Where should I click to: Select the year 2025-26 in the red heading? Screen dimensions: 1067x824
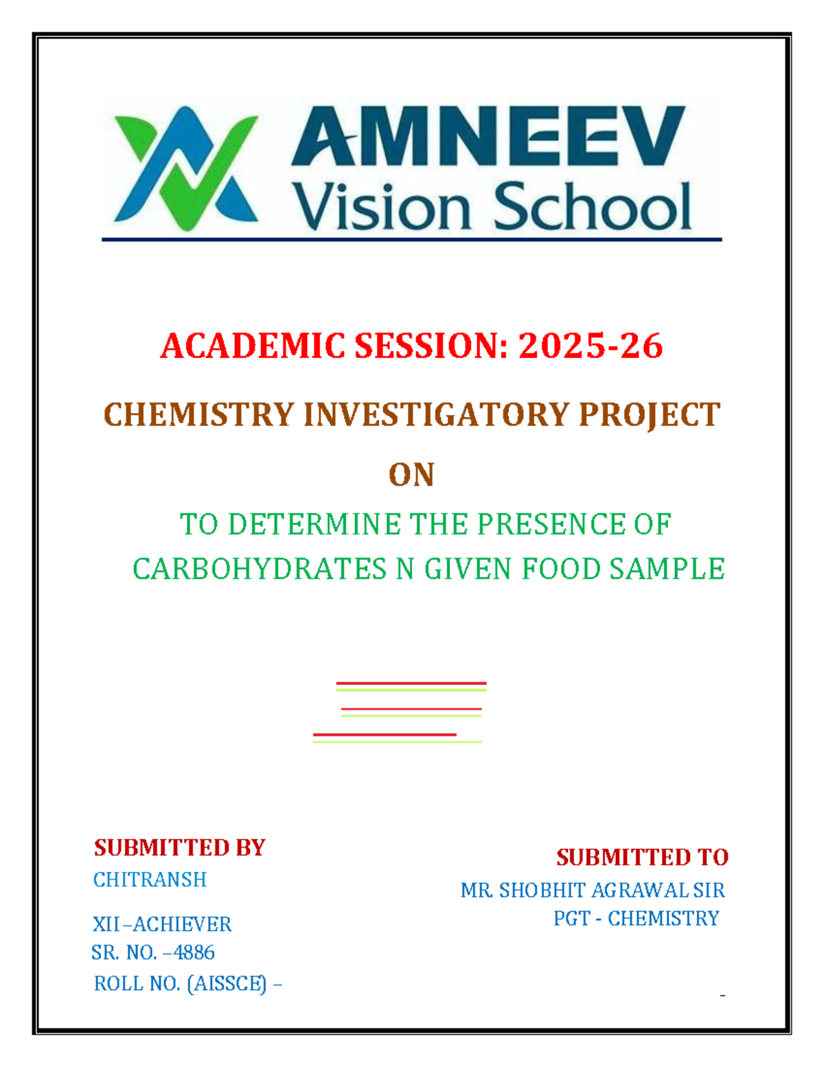click(x=591, y=346)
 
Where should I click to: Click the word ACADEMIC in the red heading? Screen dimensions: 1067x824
click(x=253, y=346)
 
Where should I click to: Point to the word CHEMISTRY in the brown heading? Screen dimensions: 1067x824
click(x=198, y=415)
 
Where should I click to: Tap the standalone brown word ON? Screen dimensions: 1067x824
click(x=411, y=475)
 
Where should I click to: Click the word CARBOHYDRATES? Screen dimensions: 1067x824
click(x=260, y=569)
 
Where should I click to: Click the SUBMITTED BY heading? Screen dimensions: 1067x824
click(x=179, y=847)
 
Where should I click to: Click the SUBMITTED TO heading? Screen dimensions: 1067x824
click(x=642, y=857)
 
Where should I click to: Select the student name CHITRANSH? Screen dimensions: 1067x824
click(x=150, y=879)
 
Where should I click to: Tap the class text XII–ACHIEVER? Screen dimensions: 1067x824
click(x=162, y=924)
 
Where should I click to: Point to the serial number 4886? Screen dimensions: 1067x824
click(x=194, y=952)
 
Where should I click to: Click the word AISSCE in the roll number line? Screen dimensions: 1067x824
click(x=227, y=984)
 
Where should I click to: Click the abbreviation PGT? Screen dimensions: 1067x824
click(x=571, y=918)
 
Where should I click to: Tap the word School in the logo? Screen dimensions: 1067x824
click(x=592, y=207)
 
